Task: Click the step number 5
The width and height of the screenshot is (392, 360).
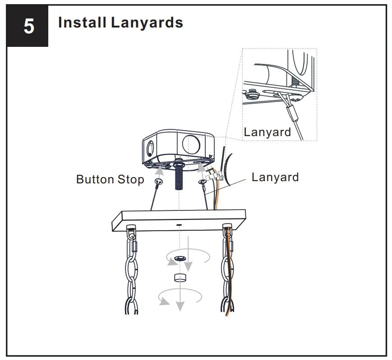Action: tap(28, 27)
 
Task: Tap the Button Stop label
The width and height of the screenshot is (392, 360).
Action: tap(110, 179)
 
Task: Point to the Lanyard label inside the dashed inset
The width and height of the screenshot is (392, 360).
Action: tap(267, 132)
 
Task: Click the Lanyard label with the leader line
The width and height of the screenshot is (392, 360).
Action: tap(275, 177)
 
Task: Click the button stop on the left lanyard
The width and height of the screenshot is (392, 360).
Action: tap(158, 182)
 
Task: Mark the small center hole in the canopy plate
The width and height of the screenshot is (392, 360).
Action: tap(179, 223)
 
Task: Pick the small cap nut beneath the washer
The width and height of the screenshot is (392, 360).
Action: tap(180, 278)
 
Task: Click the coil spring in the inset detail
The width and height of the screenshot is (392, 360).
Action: tap(295, 82)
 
